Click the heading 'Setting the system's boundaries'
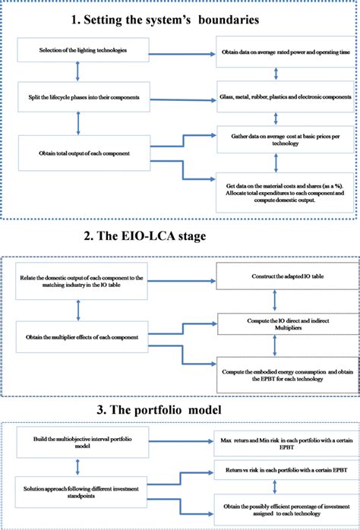click(180, 17)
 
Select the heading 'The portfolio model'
click(180, 411)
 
